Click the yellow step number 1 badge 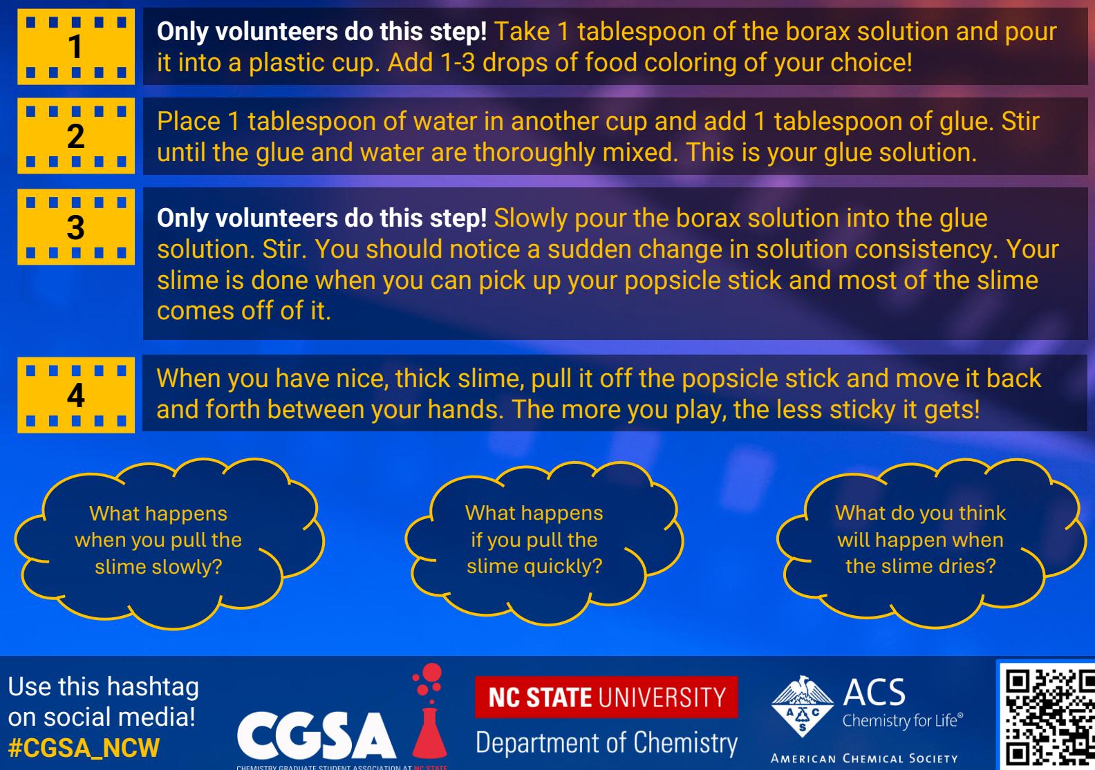coord(76,46)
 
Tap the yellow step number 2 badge coord(76,136)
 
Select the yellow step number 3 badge coord(76,227)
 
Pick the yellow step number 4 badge coord(76,395)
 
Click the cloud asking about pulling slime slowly coord(169,543)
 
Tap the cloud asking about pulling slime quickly coord(543,543)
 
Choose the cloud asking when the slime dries coord(929,543)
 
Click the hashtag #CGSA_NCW coord(84,748)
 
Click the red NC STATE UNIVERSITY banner coord(606,697)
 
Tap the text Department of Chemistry coord(607,743)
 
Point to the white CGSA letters coord(317,735)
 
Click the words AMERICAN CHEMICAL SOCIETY coord(864,758)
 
